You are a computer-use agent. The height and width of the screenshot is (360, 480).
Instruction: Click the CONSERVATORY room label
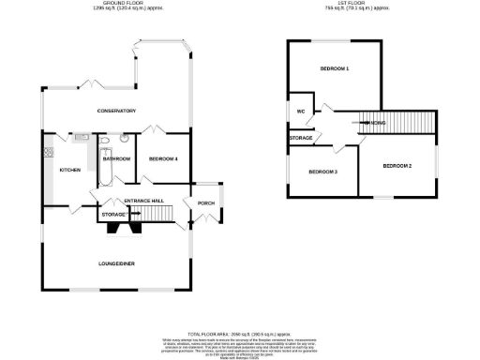[117, 111]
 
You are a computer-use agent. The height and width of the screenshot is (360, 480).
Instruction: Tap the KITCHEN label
[70, 170]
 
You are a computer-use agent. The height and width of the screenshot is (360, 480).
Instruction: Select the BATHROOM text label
[116, 158]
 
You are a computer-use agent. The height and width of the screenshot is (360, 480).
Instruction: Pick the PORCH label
[202, 202]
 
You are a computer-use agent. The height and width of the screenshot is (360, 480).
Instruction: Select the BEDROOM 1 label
[335, 69]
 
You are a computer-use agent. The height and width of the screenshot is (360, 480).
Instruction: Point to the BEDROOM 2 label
[397, 166]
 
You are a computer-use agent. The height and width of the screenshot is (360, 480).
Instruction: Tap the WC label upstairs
[300, 112]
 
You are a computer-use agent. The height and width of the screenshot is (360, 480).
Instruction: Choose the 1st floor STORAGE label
[301, 138]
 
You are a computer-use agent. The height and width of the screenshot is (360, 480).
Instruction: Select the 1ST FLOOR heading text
[361, 5]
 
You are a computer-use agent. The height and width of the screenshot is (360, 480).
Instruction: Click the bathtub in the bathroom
[103, 154]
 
